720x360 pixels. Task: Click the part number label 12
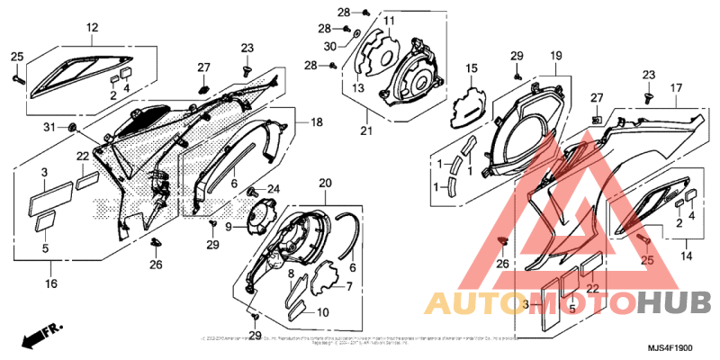(x=92, y=28)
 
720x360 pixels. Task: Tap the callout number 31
(x=49, y=125)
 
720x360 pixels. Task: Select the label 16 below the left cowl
(x=50, y=283)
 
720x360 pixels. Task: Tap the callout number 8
(x=293, y=272)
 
